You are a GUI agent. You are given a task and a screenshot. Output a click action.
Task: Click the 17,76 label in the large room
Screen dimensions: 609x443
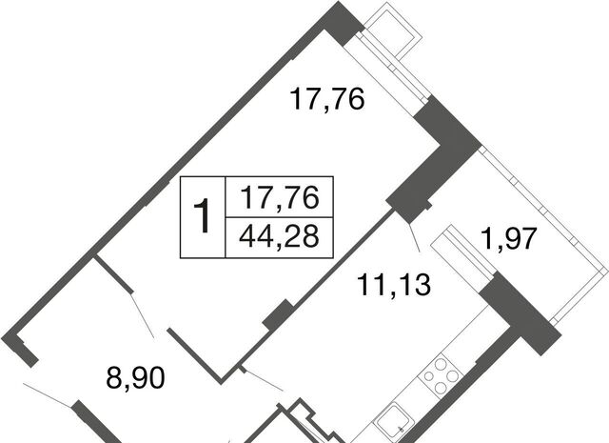327,99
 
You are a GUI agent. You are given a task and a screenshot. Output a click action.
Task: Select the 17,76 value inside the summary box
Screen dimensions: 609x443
279,197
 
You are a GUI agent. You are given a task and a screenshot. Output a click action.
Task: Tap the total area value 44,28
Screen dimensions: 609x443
279,236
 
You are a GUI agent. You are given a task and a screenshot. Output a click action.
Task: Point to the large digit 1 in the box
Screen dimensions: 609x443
202,216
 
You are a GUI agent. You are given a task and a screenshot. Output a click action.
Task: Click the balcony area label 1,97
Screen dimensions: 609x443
509,238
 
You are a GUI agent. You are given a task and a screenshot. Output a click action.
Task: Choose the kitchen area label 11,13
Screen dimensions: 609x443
393,285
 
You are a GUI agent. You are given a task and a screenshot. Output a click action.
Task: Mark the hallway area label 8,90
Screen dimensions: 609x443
135,377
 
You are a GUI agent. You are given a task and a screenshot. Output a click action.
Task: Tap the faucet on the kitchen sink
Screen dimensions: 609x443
402,429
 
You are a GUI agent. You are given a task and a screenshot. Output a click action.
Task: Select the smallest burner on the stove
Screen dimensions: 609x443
428,376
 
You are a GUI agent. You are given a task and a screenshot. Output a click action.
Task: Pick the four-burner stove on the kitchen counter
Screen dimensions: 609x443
440,375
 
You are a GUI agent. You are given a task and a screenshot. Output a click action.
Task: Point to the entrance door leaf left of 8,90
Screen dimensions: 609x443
48,394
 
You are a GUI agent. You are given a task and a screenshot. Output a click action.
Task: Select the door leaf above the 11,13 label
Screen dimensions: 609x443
414,237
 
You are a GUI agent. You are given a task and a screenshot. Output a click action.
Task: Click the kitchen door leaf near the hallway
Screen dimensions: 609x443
262,378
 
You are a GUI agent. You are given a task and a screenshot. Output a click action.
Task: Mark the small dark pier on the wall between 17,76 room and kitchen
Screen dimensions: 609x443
278,315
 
